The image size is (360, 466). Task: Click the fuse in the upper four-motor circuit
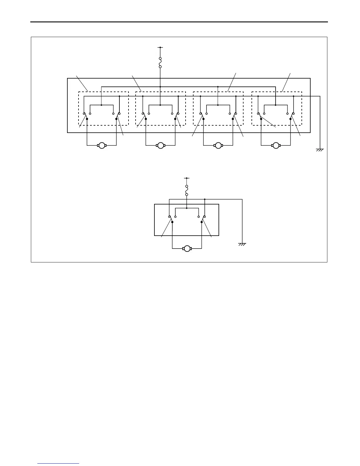click(160, 63)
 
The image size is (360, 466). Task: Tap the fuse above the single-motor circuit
click(187, 190)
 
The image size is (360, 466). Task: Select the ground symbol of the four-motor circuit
click(320, 150)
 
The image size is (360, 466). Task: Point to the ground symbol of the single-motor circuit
click(242, 244)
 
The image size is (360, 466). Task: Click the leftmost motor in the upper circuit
click(101, 145)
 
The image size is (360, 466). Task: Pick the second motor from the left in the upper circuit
click(160, 145)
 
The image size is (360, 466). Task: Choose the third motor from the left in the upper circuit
click(218, 145)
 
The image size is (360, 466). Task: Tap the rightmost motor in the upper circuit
click(276, 145)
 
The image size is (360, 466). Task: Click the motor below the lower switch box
click(187, 249)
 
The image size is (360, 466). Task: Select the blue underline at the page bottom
click(58, 464)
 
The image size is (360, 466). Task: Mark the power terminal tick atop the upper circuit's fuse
click(160, 47)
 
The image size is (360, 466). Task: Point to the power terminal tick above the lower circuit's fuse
click(187, 178)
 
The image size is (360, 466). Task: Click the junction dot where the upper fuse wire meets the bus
click(160, 87)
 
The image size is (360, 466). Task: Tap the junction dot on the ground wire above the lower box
click(204, 199)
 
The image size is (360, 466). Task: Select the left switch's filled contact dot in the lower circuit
click(172, 222)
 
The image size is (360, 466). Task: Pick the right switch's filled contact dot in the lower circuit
click(201, 222)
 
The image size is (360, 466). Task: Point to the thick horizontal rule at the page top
click(179, 22)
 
